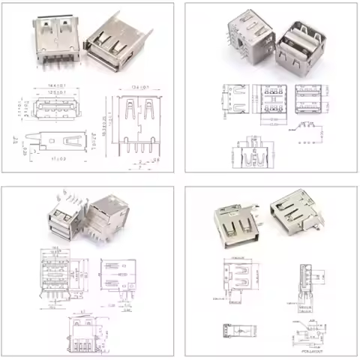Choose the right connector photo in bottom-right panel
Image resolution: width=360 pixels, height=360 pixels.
click(297, 214)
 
